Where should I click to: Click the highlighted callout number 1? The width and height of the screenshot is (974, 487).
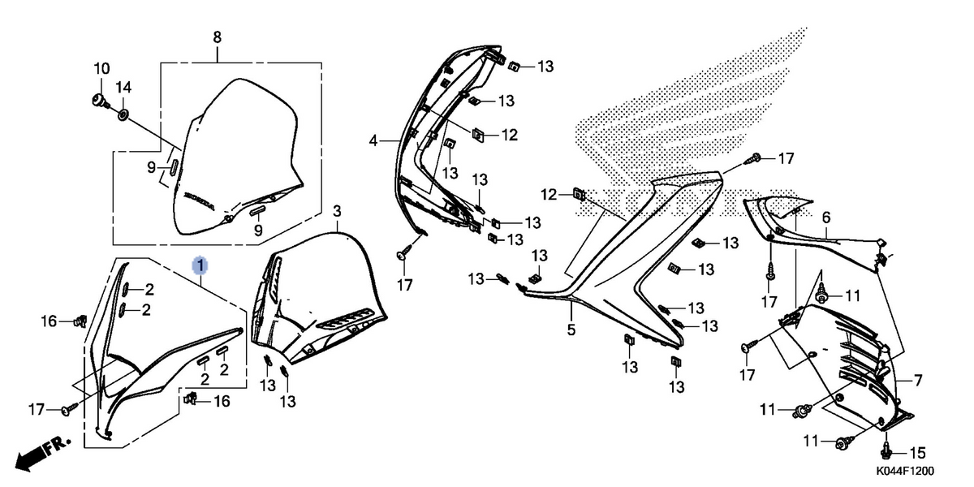pyautogui.click(x=200, y=265)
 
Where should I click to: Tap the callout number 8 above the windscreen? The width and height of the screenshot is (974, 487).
pyautogui.click(x=217, y=37)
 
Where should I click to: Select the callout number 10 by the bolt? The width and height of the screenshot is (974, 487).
pyautogui.click(x=101, y=69)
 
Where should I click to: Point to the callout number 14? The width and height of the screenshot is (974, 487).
pyautogui.click(x=123, y=88)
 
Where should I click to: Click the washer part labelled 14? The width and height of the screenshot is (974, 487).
pyautogui.click(x=123, y=115)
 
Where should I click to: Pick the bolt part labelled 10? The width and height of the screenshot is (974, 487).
pyautogui.click(x=101, y=101)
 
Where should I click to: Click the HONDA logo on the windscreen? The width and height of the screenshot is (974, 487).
pyautogui.click(x=199, y=201)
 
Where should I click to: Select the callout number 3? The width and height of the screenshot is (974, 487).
pyautogui.click(x=337, y=212)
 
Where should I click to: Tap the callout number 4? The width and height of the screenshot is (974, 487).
pyautogui.click(x=373, y=141)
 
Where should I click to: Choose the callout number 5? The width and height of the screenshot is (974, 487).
pyautogui.click(x=571, y=330)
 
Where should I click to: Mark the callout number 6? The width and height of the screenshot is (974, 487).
pyautogui.click(x=826, y=218)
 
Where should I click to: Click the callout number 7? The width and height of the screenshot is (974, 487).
pyautogui.click(x=918, y=381)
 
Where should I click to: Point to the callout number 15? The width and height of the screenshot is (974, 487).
pyautogui.click(x=918, y=453)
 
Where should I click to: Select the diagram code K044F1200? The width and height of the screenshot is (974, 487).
pyautogui.click(x=905, y=471)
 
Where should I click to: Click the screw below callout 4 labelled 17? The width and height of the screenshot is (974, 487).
pyautogui.click(x=404, y=252)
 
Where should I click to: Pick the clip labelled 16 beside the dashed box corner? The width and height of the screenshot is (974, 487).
pyautogui.click(x=190, y=398)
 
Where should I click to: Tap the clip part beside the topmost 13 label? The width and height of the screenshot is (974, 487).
pyautogui.click(x=515, y=66)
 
